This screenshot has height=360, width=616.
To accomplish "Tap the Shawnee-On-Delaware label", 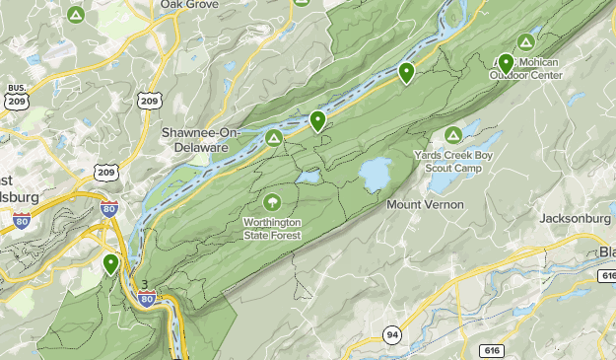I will click(194, 139).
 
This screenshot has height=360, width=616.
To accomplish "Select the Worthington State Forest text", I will click(273, 229).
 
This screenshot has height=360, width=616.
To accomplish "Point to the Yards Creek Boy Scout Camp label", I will click(453, 162).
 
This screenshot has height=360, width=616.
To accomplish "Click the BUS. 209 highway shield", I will click(16, 98).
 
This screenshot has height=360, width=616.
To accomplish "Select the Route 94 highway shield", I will click(392, 334).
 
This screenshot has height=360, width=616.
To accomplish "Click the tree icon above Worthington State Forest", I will click(272, 201).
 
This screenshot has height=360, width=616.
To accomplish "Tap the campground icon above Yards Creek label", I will click(452, 135).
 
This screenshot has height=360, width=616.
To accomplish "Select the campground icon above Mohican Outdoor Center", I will click(526, 42).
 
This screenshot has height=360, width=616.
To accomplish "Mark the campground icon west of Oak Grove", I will click(76, 15).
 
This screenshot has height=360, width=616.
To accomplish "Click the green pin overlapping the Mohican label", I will click(506, 64).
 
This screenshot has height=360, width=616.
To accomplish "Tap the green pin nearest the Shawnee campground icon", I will click(317, 121).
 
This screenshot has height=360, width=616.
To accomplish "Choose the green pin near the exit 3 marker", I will click(110, 264).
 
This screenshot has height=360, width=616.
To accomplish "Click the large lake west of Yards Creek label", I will click(375, 175).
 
